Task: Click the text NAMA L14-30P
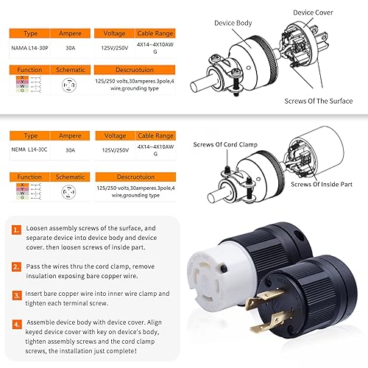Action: click(31, 49)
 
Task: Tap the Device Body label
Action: click(234, 23)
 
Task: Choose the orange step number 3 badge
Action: click(15, 295)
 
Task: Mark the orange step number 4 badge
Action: click(15, 322)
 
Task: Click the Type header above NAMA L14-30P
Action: click(31, 34)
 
